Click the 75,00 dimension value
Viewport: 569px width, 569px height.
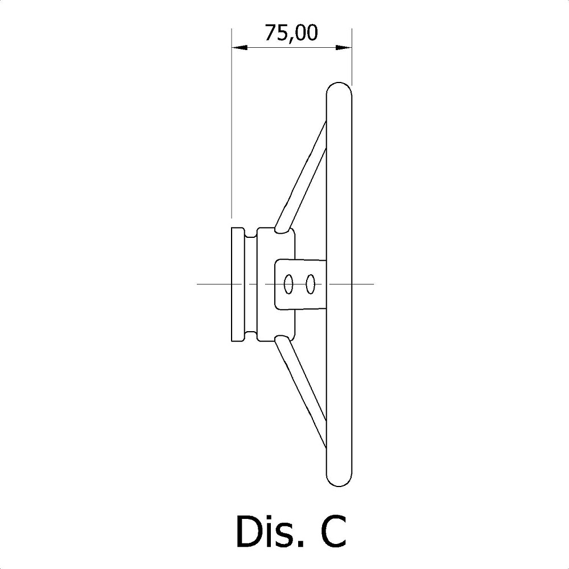click(x=291, y=34)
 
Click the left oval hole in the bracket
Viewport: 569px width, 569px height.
click(x=288, y=283)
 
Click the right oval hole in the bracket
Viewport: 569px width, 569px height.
click(x=310, y=283)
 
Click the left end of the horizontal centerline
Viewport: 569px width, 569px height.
click(x=199, y=283)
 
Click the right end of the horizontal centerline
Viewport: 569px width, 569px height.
click(x=372, y=283)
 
